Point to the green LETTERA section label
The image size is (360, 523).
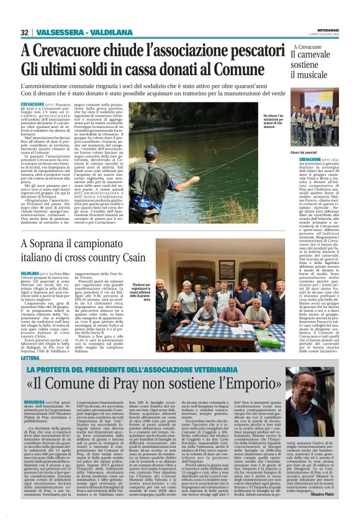coord(29,341)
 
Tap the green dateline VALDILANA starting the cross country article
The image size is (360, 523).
coord(31,273)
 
